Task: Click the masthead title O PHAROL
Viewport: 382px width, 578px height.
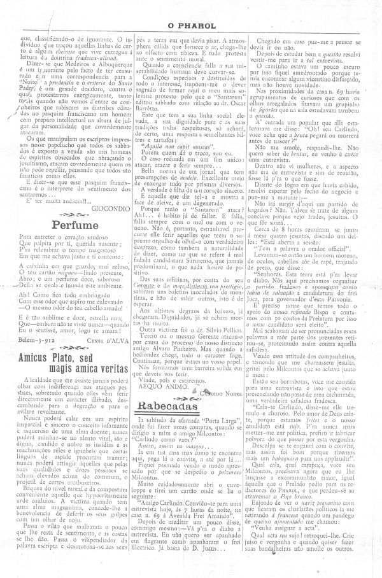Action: (x=191, y=9)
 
